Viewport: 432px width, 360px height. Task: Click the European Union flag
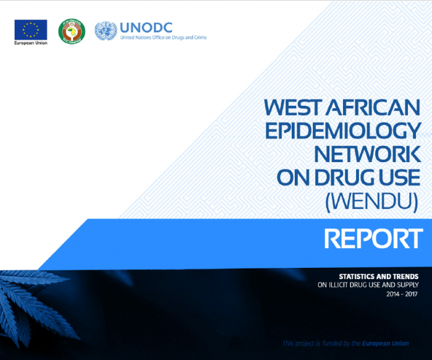[x=31, y=30]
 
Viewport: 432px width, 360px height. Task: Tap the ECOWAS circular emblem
[x=72, y=31]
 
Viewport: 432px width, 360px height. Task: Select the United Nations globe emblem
[x=106, y=31]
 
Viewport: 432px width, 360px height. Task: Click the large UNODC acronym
[x=146, y=28]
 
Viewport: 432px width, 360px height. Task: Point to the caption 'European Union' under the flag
[x=31, y=43]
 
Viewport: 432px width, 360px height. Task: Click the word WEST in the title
[x=293, y=108]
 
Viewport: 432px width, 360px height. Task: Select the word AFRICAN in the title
[x=373, y=108]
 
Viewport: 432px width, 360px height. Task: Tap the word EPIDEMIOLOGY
[x=343, y=131]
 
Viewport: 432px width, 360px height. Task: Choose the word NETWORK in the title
[x=368, y=154]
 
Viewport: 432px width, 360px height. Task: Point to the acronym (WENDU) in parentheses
[x=371, y=202]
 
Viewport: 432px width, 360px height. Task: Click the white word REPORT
[x=373, y=238]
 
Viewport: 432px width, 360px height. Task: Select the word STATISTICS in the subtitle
[x=355, y=276]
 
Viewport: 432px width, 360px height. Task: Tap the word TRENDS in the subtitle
[x=406, y=276]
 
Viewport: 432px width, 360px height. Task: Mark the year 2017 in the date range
[x=412, y=294]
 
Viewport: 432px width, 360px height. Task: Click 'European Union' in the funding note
[x=386, y=343]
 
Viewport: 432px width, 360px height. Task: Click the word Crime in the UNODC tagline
[x=200, y=38]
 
